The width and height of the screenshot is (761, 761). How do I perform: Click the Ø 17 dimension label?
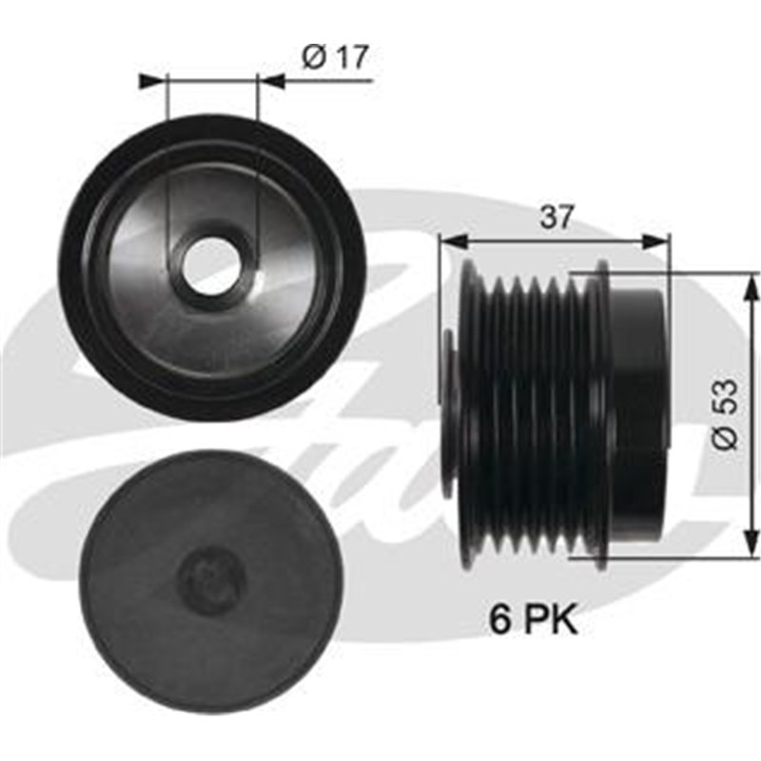coord(335,58)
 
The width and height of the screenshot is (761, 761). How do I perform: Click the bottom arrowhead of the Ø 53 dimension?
coord(751,549)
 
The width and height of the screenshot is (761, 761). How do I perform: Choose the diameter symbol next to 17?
coord(312,58)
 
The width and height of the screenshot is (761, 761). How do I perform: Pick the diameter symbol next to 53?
coord(726,439)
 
